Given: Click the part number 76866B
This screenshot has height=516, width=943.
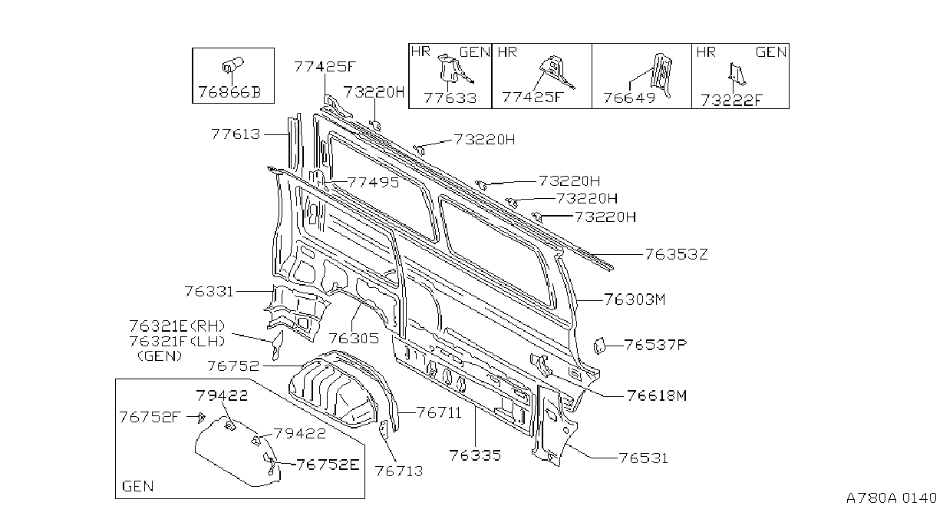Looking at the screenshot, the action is tap(229, 92).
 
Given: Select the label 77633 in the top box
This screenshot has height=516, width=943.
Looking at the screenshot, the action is tap(450, 98).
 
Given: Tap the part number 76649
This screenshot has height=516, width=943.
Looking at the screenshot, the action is tap(629, 98).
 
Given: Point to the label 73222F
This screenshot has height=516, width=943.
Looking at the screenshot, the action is tap(732, 101).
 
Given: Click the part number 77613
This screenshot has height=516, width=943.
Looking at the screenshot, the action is tap(236, 134).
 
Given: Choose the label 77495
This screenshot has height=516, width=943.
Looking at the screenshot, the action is tap(374, 183).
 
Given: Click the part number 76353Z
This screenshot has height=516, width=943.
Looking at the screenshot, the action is tap(677, 254).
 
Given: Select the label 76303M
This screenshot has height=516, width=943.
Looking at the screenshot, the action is tap(635, 299).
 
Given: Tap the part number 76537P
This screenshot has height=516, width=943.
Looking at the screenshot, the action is tap(655, 345).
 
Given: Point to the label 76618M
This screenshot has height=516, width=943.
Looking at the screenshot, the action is tap(657, 395).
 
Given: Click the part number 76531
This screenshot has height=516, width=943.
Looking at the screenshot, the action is tap(644, 458).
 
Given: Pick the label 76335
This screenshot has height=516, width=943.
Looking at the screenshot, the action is tap(475, 455).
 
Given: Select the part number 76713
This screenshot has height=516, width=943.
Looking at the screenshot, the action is tap(399, 471).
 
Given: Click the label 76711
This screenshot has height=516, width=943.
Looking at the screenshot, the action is tap(439, 412).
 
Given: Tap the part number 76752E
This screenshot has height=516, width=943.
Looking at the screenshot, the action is tap(328, 465).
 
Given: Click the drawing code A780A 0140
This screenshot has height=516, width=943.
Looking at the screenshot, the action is tap(892, 498).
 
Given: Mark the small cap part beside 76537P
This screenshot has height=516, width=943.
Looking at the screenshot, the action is tap(598, 346).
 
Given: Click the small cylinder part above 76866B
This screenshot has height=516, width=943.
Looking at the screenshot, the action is tap(232, 64).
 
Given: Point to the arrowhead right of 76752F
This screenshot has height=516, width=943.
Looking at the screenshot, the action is tap(202, 418).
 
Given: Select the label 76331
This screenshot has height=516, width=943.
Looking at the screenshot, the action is tap(209, 292).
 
